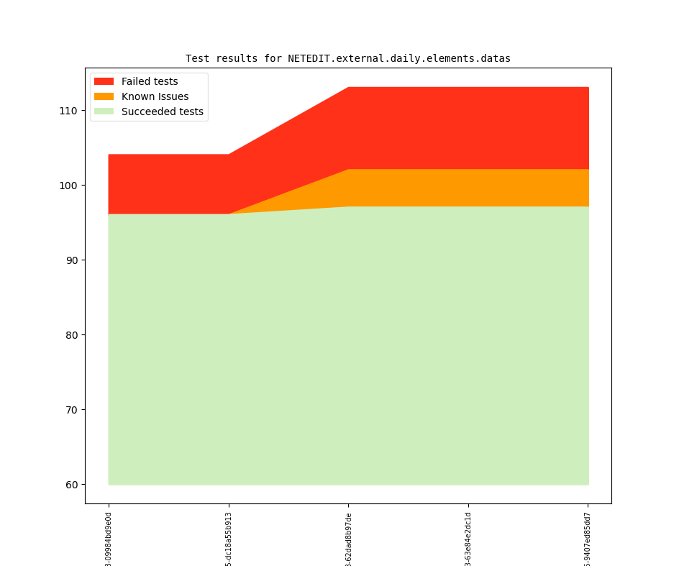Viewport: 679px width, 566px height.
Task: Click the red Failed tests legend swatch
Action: [x=104, y=82]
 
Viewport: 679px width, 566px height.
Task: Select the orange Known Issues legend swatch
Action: [x=104, y=97]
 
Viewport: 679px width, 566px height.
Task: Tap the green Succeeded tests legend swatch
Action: [x=104, y=111]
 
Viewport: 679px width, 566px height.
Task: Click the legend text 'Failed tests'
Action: [x=150, y=82]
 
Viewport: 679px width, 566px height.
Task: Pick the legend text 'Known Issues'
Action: [x=155, y=97]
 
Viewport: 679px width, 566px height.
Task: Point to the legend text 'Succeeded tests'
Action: [x=162, y=111]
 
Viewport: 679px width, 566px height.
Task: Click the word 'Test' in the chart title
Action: [x=198, y=59]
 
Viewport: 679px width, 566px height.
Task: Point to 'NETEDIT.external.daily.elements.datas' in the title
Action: [x=399, y=59]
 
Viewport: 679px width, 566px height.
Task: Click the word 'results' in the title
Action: [x=237, y=59]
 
